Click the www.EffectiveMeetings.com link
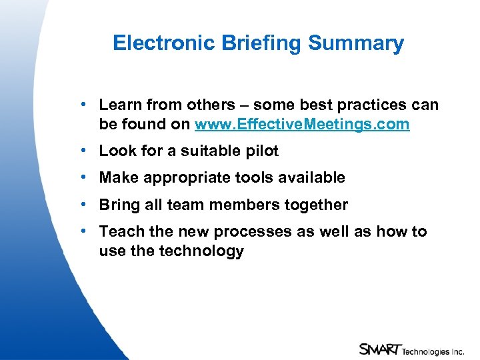pyautogui.click(x=302, y=125)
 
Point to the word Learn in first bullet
pyautogui.click(x=121, y=105)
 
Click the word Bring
pyautogui.click(x=119, y=205)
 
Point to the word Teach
pyautogui.click(x=121, y=231)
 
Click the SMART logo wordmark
pyautogui.click(x=379, y=349)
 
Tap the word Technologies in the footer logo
pyautogui.click(x=427, y=350)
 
